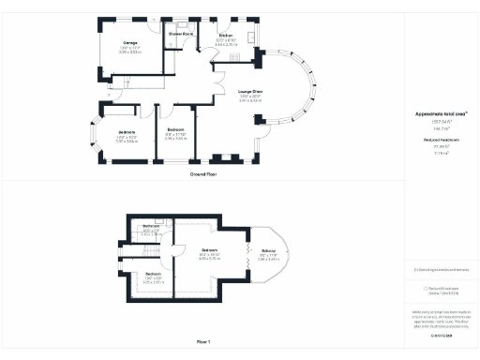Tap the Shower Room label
coord(181,35)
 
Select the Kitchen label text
coord(226,36)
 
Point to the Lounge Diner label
coord(249,92)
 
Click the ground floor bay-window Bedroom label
coord(127,132)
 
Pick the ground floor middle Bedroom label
coord(175,128)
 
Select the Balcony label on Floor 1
coord(267,251)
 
